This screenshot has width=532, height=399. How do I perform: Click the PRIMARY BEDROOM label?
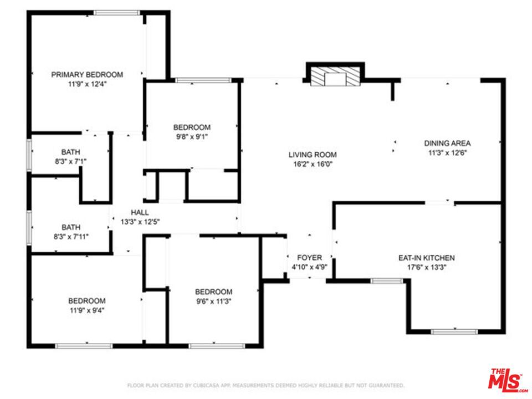87,75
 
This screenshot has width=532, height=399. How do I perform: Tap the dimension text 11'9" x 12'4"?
87,84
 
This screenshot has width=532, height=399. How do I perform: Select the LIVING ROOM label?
313,155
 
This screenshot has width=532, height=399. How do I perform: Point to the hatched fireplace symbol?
335,76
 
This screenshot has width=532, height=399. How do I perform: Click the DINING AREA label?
447,143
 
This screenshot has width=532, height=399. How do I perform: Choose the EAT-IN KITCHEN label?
427,258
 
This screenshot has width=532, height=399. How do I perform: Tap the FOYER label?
309,258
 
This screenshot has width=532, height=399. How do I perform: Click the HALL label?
140,213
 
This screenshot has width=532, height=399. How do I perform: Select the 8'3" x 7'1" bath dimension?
70,161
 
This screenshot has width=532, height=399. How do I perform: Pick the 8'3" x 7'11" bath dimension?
71,237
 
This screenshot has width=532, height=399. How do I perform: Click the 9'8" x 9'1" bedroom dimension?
192,137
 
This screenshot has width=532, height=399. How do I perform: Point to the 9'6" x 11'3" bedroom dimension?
214,301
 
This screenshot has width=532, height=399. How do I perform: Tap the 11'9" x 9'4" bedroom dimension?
87,310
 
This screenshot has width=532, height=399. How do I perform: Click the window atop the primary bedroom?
117,13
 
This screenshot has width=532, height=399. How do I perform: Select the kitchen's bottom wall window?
454,331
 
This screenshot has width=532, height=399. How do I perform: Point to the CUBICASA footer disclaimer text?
265,386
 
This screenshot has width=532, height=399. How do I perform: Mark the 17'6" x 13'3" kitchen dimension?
427,267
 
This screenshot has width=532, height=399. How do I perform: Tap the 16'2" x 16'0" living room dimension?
313,165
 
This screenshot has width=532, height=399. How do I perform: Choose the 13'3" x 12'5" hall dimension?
140,222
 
